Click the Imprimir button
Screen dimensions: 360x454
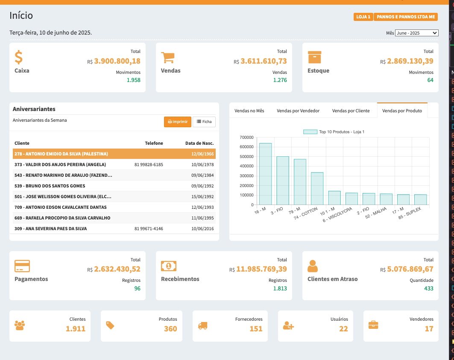click(177, 122)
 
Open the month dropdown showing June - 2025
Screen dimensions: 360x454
click(416, 33)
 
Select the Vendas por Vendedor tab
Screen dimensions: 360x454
click(298, 111)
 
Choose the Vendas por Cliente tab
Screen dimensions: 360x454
click(351, 111)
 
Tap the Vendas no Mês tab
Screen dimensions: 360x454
click(249, 111)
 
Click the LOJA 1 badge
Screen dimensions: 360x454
click(363, 17)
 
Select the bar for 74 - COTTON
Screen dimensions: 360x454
click(317, 189)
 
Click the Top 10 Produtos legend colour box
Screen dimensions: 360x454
click(310, 132)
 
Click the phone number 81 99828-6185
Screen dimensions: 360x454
click(149, 164)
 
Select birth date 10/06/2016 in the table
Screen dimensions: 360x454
click(203, 228)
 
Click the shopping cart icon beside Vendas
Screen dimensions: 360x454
click(168, 57)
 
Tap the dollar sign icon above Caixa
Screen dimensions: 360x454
click(19, 57)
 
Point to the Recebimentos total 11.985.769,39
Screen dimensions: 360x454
click(261, 269)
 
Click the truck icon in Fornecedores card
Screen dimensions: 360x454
click(202, 325)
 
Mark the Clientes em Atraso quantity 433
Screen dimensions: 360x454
click(428, 288)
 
